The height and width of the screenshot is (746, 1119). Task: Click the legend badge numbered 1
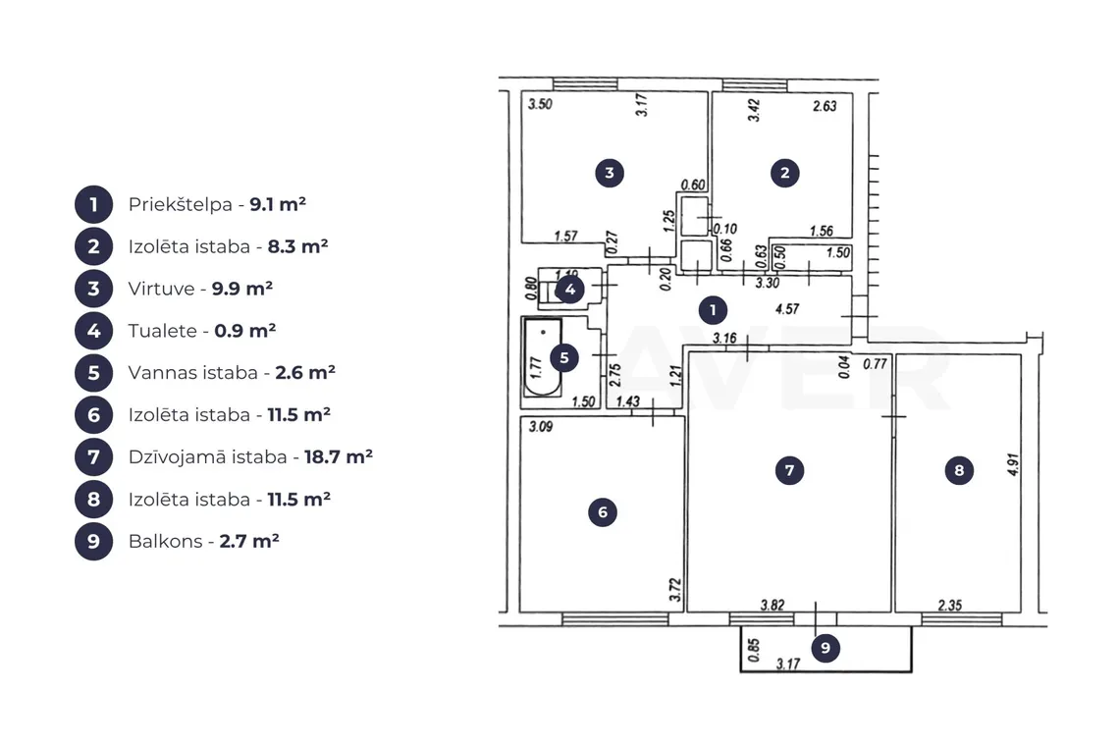tap(93, 205)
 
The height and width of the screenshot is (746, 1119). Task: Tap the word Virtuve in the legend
tap(161, 290)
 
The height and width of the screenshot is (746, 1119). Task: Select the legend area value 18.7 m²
tap(339, 456)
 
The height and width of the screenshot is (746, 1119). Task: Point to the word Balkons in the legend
tap(166, 541)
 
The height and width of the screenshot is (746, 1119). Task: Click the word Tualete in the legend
tap(163, 331)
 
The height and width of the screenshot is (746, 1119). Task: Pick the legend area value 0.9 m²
tap(244, 331)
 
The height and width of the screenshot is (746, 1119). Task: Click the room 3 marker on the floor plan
tap(610, 173)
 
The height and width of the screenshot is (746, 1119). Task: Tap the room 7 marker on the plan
tap(789, 470)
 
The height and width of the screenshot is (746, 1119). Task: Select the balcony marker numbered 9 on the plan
tap(826, 648)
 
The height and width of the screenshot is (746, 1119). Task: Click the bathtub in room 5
tap(543, 357)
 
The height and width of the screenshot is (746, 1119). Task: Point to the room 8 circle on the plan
tap(959, 470)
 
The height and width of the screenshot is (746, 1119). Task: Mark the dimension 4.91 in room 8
tap(1013, 464)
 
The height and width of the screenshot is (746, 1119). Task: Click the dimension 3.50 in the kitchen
tap(540, 104)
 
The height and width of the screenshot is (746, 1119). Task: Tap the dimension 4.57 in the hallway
tap(787, 309)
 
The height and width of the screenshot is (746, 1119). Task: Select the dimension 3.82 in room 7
tap(773, 606)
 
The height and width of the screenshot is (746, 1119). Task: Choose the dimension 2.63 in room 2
tap(825, 106)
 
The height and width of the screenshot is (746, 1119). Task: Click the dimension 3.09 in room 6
tap(540, 427)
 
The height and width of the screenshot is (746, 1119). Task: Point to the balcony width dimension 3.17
tap(788, 664)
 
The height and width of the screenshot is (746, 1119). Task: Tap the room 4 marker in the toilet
tap(570, 290)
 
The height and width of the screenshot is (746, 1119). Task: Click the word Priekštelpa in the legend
tap(181, 205)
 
